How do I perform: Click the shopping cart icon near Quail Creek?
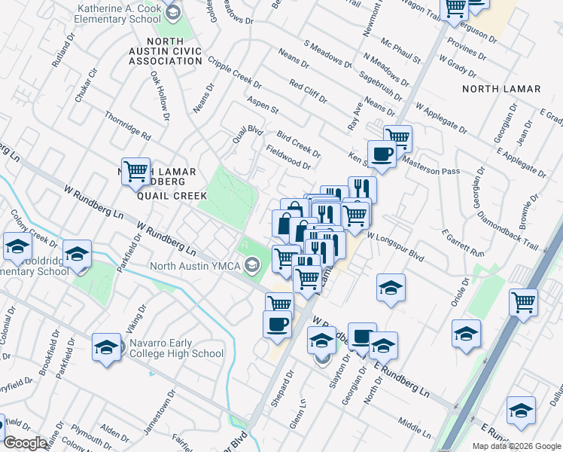(x=135, y=171)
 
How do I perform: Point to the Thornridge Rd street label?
(x=128, y=127)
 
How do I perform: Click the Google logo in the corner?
(x=25, y=443)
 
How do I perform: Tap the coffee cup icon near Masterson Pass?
(x=382, y=154)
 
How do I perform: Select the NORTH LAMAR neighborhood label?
(x=501, y=89)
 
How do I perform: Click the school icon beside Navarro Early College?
(x=107, y=347)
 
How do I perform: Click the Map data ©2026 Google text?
(x=516, y=446)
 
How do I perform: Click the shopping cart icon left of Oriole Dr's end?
(x=523, y=302)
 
